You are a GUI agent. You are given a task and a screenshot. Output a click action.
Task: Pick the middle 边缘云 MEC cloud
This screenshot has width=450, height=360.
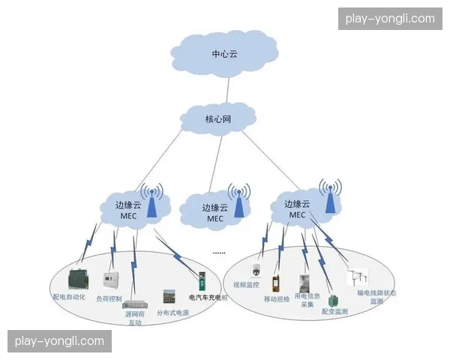[x=214, y=211]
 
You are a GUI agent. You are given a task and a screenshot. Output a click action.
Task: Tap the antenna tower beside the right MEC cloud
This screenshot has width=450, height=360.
[x=329, y=196]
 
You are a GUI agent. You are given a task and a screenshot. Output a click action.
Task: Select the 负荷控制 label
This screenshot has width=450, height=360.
[x=109, y=298]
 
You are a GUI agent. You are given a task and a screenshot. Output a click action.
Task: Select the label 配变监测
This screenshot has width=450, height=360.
[x=334, y=310]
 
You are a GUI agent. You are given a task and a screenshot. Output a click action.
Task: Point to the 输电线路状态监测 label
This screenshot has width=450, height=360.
[x=376, y=297]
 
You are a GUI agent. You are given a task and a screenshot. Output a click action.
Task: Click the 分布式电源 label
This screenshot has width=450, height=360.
[x=172, y=313]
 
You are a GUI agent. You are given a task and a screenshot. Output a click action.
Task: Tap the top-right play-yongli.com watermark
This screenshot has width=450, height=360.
[x=389, y=19]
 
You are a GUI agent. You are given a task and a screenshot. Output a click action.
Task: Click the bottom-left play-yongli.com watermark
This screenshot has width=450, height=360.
[x=60, y=341]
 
